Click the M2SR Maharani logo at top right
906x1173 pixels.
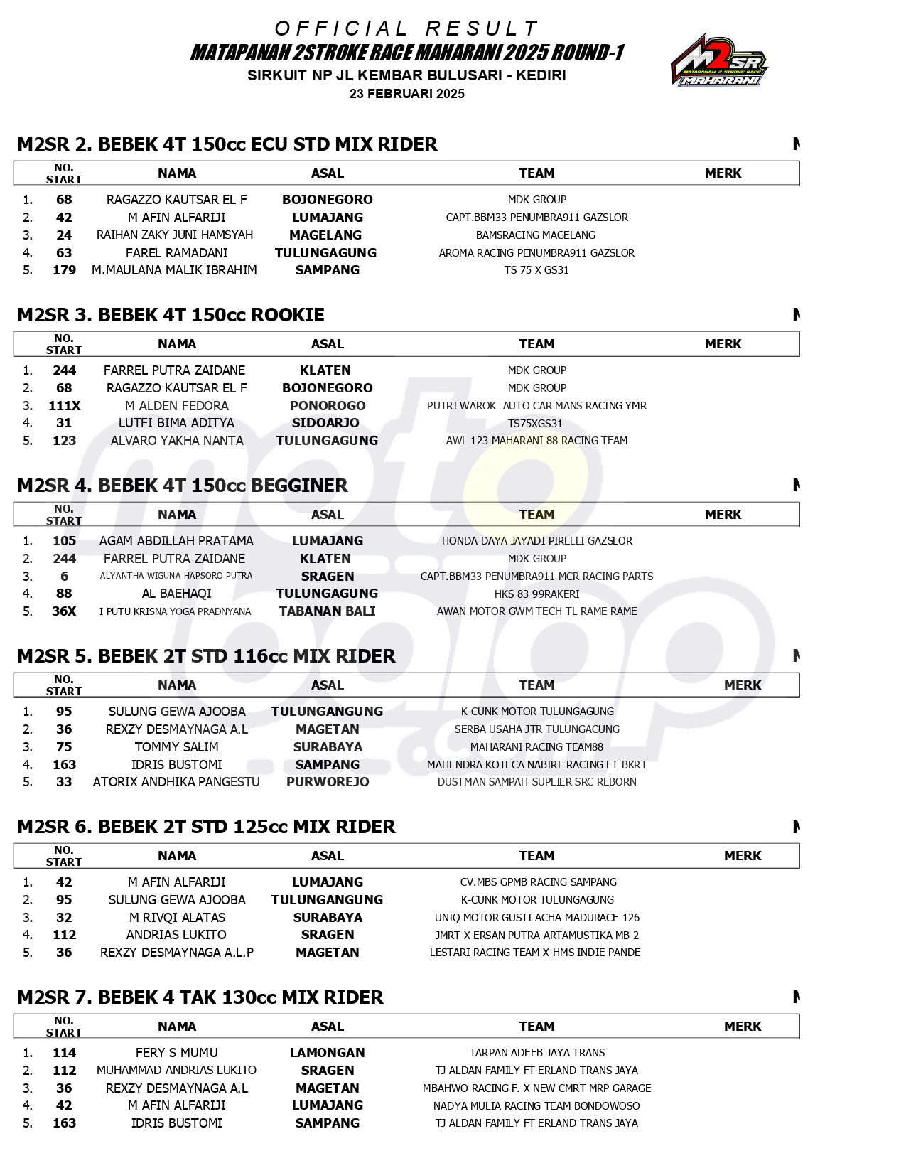click(x=718, y=60)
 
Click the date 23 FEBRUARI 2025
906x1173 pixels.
click(x=406, y=94)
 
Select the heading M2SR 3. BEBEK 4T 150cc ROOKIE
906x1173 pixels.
click(x=171, y=315)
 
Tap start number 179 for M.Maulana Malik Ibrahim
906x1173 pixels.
click(x=64, y=270)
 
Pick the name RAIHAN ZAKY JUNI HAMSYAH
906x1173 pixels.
click(x=175, y=235)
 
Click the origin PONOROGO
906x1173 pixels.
click(x=328, y=406)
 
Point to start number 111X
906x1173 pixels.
click(x=64, y=406)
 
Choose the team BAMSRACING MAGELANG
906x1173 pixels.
click(x=536, y=235)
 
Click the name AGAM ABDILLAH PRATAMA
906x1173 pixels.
click(x=176, y=541)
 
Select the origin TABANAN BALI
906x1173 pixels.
click(x=327, y=611)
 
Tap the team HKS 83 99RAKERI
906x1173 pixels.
click(x=536, y=594)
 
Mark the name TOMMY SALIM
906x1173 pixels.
click(x=176, y=747)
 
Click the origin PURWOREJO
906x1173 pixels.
click(x=328, y=782)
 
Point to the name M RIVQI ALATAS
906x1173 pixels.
click(x=177, y=918)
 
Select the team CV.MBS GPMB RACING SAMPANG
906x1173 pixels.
click(x=538, y=882)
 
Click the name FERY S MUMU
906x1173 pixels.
click(x=176, y=1053)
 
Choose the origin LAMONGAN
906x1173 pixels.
click(x=327, y=1053)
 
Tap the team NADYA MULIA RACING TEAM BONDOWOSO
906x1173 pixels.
click(x=536, y=1106)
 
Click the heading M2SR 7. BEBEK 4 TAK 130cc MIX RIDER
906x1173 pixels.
click(x=200, y=997)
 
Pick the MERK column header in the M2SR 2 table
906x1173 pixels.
click(x=723, y=173)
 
